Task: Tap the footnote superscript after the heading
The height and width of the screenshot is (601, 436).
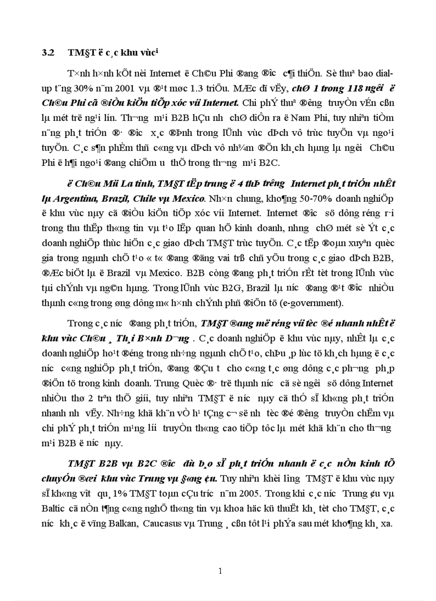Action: click(x=159, y=50)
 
